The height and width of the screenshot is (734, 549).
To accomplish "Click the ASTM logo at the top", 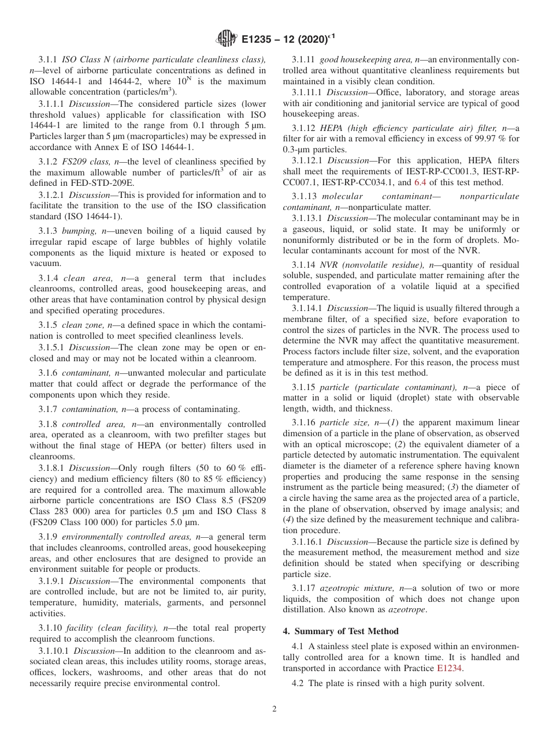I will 226,39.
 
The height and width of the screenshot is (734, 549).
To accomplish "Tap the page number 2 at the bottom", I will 274,709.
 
